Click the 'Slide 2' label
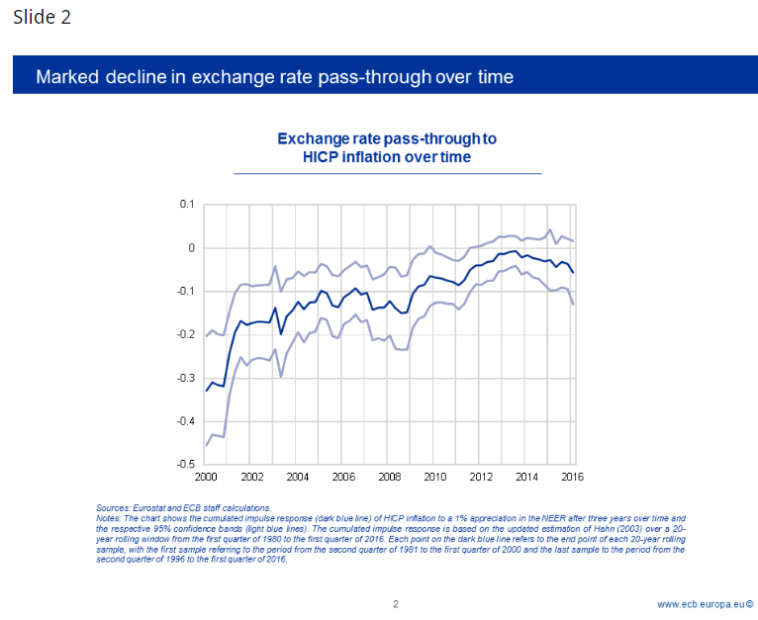[42, 18]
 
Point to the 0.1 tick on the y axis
[187, 205]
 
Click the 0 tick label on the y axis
[191, 248]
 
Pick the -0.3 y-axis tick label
[185, 378]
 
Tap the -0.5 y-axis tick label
[185, 464]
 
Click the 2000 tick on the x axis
[206, 477]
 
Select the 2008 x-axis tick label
[388, 477]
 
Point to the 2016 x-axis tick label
[570, 477]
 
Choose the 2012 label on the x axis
[479, 477]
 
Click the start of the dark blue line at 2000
[206, 391]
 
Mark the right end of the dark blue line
[574, 272]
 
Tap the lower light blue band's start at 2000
[206, 445]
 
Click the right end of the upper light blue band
[574, 241]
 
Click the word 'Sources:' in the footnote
[113, 507]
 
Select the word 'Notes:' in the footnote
[110, 517]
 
